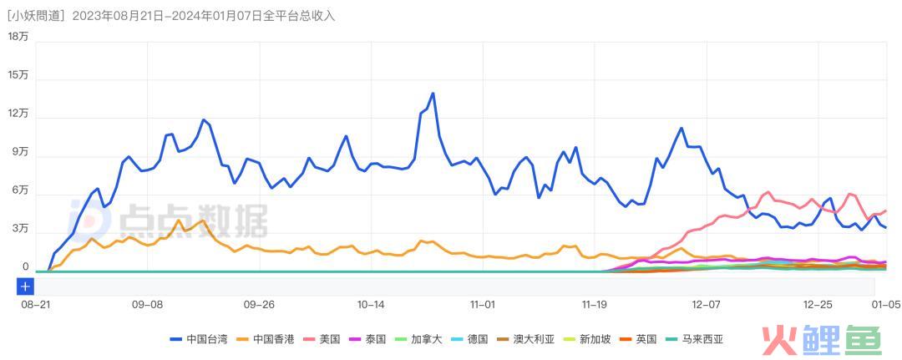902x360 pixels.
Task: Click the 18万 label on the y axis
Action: (x=18, y=36)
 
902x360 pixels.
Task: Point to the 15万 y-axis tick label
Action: (x=18, y=75)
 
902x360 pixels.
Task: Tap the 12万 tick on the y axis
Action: (x=18, y=114)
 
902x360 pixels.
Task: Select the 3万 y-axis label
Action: (x=20, y=229)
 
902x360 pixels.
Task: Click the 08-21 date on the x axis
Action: (x=35, y=305)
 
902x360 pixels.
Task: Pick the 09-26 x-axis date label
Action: (x=259, y=305)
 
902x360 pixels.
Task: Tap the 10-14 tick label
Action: (x=371, y=305)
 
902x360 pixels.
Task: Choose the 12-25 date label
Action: (x=818, y=305)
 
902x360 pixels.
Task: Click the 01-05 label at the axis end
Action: (x=885, y=305)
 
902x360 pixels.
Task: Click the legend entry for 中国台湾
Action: (x=198, y=339)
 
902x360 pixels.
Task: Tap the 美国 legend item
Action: (x=323, y=339)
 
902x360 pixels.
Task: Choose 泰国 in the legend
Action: (x=368, y=339)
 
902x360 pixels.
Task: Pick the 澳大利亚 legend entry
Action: (x=526, y=339)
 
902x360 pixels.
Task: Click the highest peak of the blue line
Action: (x=433, y=93)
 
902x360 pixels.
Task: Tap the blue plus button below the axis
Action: (x=25, y=286)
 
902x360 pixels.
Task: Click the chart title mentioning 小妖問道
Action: (x=170, y=16)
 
